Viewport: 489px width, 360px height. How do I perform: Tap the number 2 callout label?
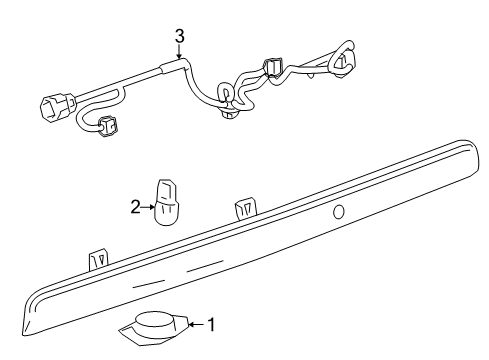pos(136,208)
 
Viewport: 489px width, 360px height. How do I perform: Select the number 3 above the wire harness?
pos(179,37)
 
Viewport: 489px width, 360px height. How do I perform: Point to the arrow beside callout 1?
pos(196,324)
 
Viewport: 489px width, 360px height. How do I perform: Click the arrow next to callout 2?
pos(148,208)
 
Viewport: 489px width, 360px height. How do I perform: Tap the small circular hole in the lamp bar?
pos(339,211)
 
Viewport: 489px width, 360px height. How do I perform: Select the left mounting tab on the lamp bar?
pos(98,260)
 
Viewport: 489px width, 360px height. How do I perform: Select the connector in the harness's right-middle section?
pos(273,71)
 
